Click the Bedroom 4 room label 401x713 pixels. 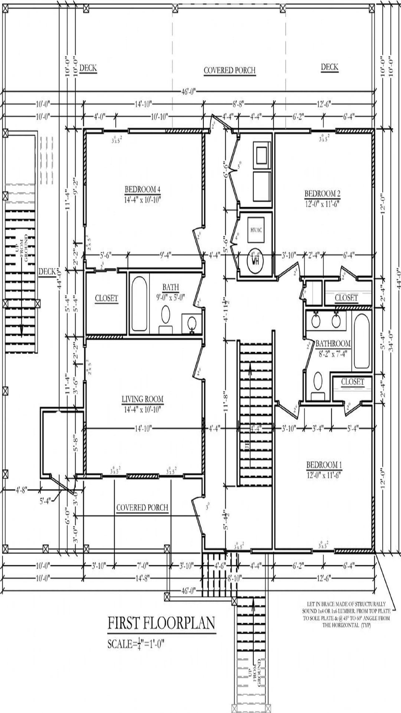142,190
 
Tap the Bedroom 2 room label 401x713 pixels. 322,194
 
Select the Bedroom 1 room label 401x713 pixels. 324,465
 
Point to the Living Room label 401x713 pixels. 142,399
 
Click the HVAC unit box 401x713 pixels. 256,230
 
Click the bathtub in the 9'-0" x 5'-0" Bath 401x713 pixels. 139,303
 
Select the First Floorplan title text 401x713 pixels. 161,623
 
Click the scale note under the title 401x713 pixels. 136,644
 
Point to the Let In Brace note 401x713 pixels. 346,614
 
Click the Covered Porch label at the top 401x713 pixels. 229,71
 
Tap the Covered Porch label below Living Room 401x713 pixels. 142,508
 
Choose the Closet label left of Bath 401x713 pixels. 106,298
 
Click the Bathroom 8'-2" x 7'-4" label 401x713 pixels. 332,344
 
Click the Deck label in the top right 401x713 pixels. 329,67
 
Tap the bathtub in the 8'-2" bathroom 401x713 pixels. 361,341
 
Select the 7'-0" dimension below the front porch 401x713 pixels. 142,566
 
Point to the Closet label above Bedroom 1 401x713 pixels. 352,382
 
